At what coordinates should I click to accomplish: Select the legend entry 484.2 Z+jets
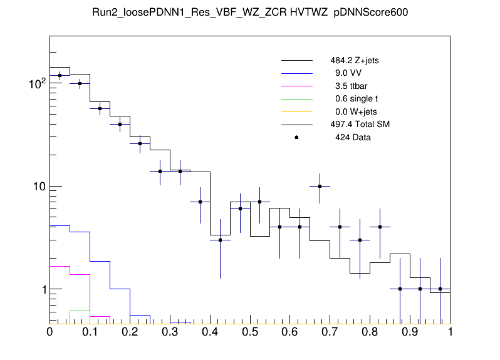click(x=354, y=61)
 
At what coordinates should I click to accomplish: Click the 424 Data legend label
click(x=353, y=137)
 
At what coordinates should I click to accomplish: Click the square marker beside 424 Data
click(x=296, y=137)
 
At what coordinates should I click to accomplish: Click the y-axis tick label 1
click(x=41, y=289)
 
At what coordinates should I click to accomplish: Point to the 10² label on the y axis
click(x=36, y=83)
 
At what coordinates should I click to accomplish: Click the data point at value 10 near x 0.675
click(x=320, y=186)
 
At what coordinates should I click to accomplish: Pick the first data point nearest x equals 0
click(x=60, y=76)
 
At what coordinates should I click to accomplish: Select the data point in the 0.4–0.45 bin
click(x=220, y=240)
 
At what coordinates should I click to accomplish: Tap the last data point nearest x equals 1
click(x=440, y=289)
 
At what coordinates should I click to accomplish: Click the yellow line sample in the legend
click(x=296, y=111)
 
